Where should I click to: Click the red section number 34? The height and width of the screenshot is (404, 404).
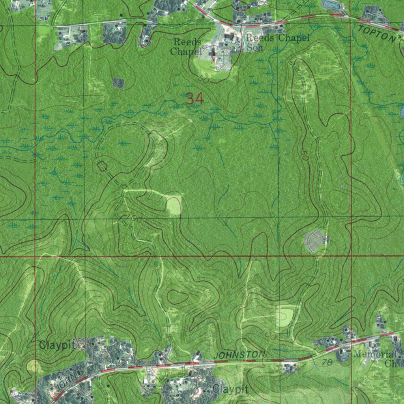pos(195,99)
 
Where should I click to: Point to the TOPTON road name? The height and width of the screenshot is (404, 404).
pos(376,34)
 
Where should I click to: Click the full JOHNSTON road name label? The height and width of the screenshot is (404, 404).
pos(239,355)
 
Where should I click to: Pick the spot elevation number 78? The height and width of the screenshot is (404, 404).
pos(326,362)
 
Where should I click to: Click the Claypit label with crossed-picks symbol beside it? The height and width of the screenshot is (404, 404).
pos(57,345)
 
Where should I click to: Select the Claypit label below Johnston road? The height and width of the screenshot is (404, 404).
pos(230,390)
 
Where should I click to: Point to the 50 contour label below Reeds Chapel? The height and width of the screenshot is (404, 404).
pos(204,79)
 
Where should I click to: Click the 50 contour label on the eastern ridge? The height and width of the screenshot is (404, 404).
pos(303,154)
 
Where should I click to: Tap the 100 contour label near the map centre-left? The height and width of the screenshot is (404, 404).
pos(135,219)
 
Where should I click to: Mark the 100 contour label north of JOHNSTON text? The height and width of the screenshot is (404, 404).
pos(269,335)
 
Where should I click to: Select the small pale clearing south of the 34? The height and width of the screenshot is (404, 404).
pos(174,206)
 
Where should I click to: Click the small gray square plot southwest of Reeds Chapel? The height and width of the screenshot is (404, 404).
pos(118,83)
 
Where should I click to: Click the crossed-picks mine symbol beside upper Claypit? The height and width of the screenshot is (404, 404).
pos(82,345)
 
